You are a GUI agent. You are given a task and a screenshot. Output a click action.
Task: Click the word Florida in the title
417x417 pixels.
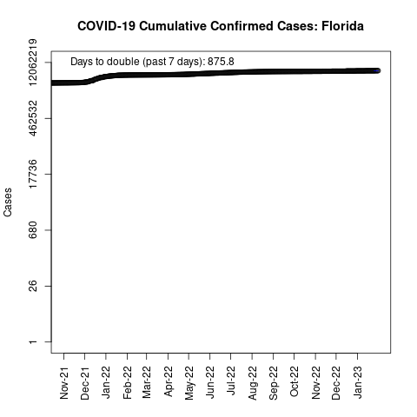pos(342,26)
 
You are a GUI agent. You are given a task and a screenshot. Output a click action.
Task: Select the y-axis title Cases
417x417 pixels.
pos(8,202)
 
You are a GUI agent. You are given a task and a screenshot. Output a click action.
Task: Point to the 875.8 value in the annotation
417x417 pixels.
pos(221,62)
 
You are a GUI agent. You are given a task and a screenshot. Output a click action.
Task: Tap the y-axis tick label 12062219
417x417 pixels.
pos(33,63)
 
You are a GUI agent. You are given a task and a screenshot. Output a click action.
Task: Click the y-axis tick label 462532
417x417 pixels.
pos(33,118)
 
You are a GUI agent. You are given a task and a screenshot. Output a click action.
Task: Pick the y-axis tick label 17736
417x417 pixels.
pos(33,174)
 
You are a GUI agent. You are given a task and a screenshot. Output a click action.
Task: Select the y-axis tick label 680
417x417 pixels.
pos(33,230)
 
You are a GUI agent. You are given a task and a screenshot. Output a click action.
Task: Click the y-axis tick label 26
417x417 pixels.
pos(33,286)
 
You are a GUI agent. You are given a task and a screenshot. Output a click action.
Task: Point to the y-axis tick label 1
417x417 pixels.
pos(33,342)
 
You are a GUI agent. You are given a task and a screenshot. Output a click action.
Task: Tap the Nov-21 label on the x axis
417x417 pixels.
pos(64,383)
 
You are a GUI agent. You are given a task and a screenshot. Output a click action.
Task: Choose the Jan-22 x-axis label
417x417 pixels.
pos(106,382)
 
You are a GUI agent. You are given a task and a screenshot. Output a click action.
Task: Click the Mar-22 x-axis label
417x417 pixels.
pos(147,382)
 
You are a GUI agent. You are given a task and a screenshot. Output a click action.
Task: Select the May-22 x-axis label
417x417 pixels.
pos(189,383)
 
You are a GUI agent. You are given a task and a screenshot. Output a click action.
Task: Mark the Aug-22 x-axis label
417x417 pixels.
pos(252,383)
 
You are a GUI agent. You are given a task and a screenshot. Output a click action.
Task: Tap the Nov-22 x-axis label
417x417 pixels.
pos(315,383)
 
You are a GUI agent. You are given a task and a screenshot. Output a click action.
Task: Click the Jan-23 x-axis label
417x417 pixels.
pos(358,382)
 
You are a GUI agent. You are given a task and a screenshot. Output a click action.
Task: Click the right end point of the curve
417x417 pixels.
pos(378,70)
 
